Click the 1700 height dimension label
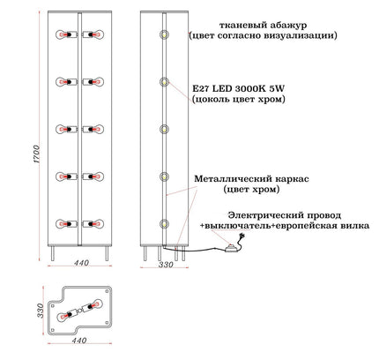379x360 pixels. pyautogui.click(x=36, y=154)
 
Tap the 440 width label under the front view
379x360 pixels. pyautogui.click(x=81, y=263)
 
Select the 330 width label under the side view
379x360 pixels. pyautogui.click(x=166, y=265)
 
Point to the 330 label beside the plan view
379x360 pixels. pyautogui.click(x=41, y=311)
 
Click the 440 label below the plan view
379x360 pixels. pyautogui.click(x=79, y=341)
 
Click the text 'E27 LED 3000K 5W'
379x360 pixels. pyautogui.click(x=239, y=88)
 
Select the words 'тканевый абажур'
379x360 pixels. pyautogui.click(x=264, y=25)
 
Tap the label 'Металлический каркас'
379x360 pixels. pyautogui.click(x=251, y=178)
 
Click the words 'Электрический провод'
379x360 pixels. pyautogui.click(x=285, y=215)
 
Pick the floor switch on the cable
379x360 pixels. pyautogui.click(x=231, y=249)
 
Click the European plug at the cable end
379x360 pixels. pyautogui.click(x=242, y=236)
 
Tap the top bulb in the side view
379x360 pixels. pyautogui.click(x=164, y=34)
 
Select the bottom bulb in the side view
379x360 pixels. pyautogui.click(x=164, y=224)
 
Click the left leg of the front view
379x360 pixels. pyautogui.click(x=53, y=253)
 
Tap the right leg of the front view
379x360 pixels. pyautogui.click(x=107, y=253)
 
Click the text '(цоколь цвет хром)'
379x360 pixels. pyautogui.click(x=239, y=100)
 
